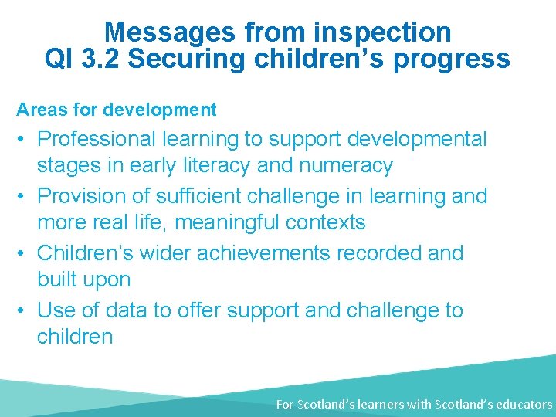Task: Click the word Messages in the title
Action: point(169,32)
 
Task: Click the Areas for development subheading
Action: point(117,110)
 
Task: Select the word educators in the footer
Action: point(523,404)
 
